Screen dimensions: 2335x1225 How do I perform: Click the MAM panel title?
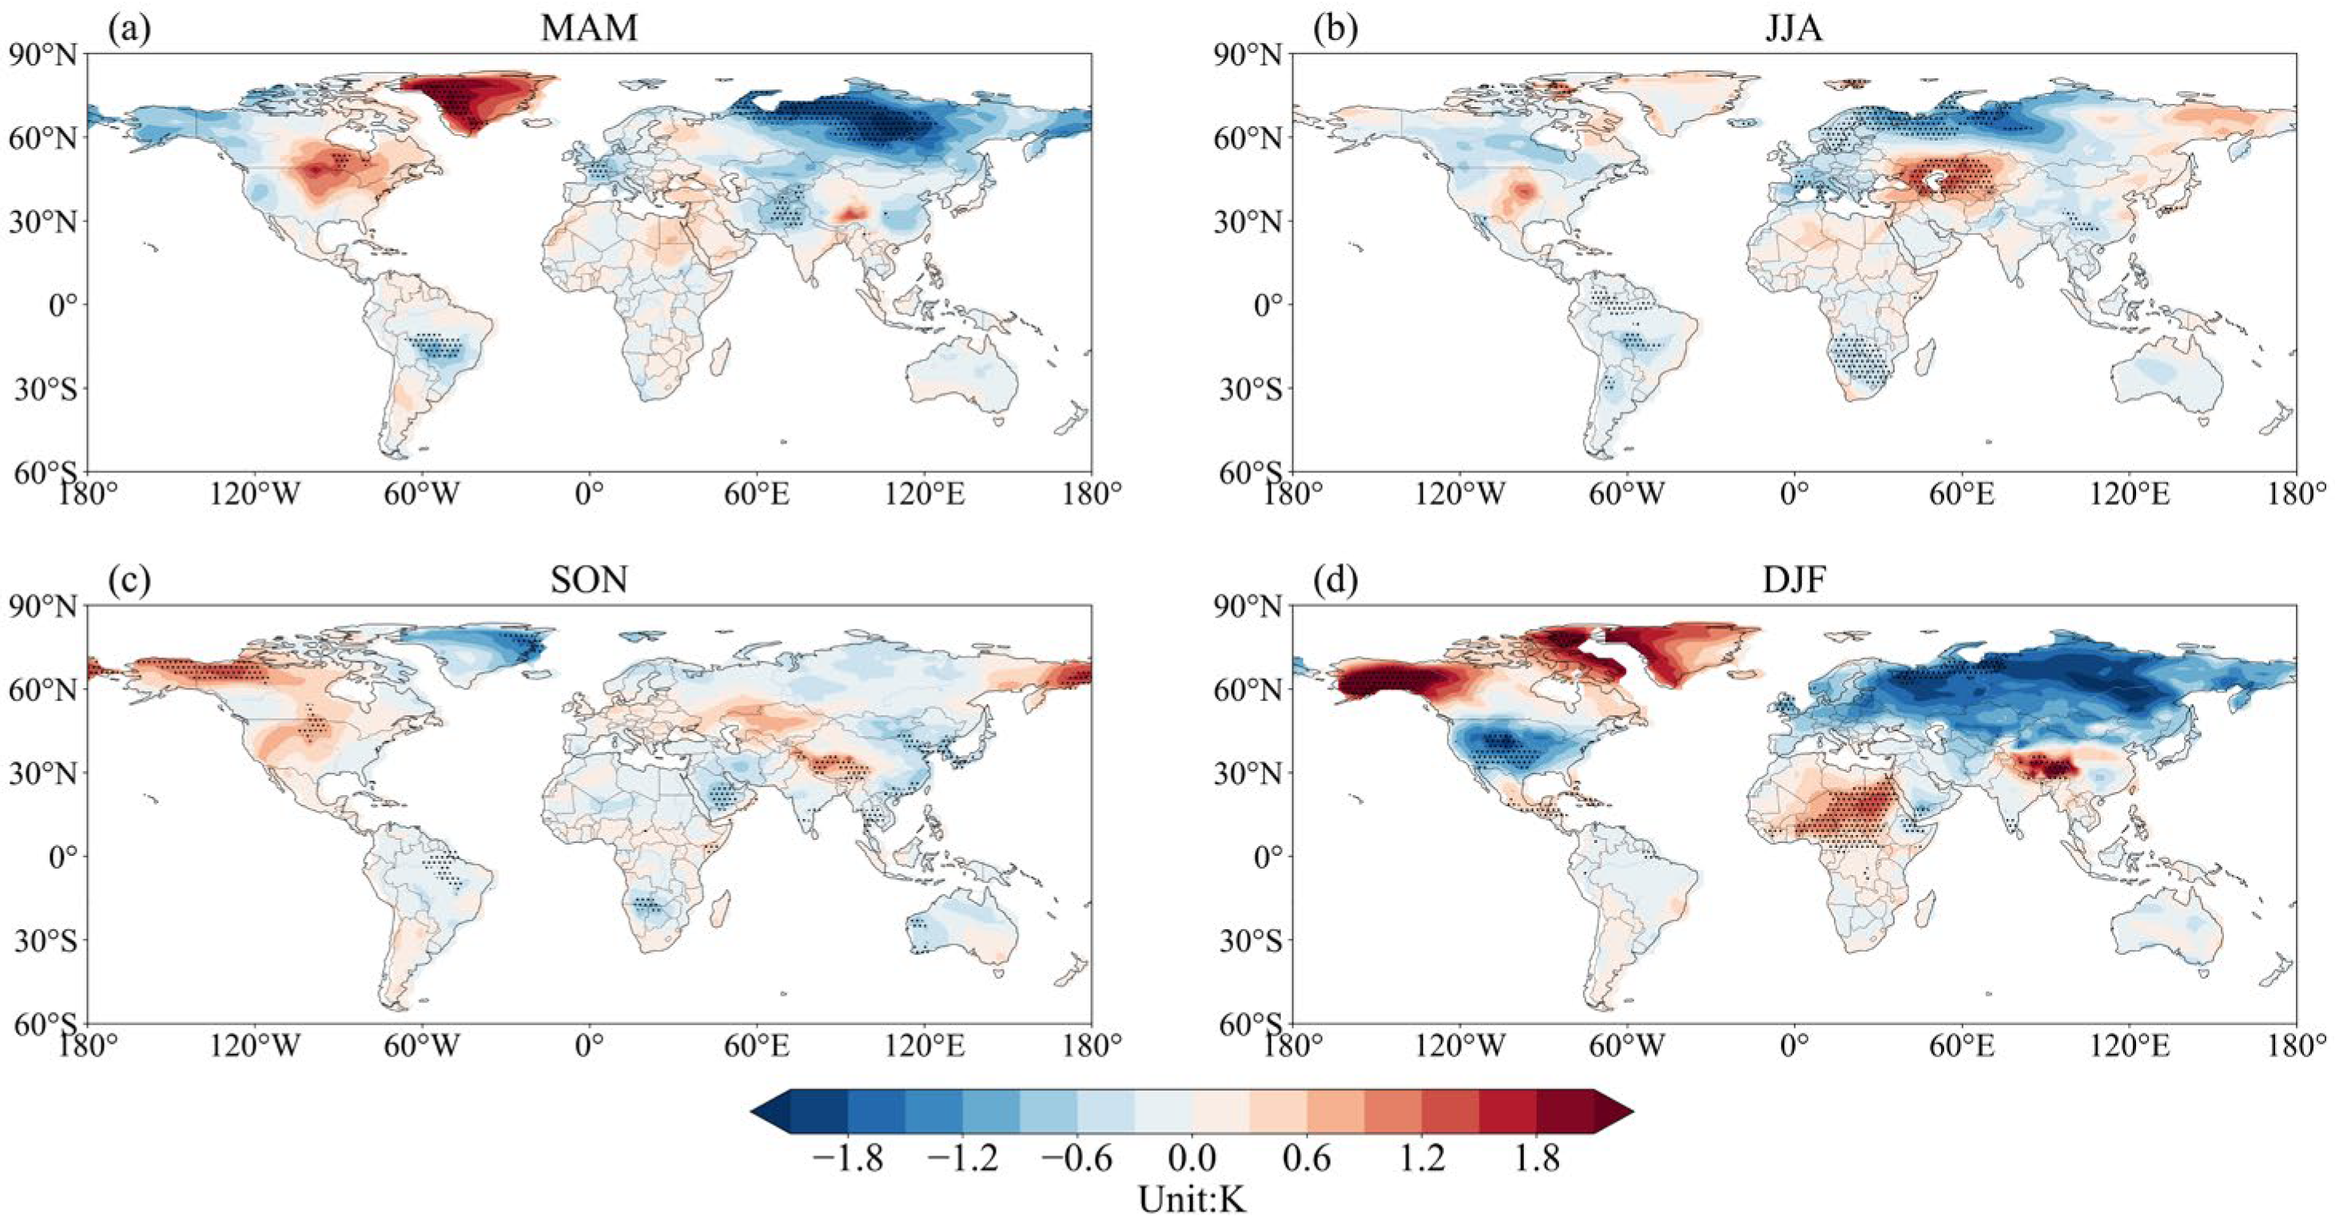click(x=589, y=28)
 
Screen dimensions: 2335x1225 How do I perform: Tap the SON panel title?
click(x=589, y=579)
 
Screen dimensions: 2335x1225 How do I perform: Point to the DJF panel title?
click(x=1794, y=579)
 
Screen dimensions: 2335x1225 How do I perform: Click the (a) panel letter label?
click(x=129, y=28)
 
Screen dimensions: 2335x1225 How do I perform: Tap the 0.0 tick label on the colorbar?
click(x=1192, y=1158)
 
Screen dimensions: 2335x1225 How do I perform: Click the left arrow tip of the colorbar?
click(x=752, y=1111)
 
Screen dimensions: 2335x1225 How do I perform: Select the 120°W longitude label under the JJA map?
click(x=1460, y=494)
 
